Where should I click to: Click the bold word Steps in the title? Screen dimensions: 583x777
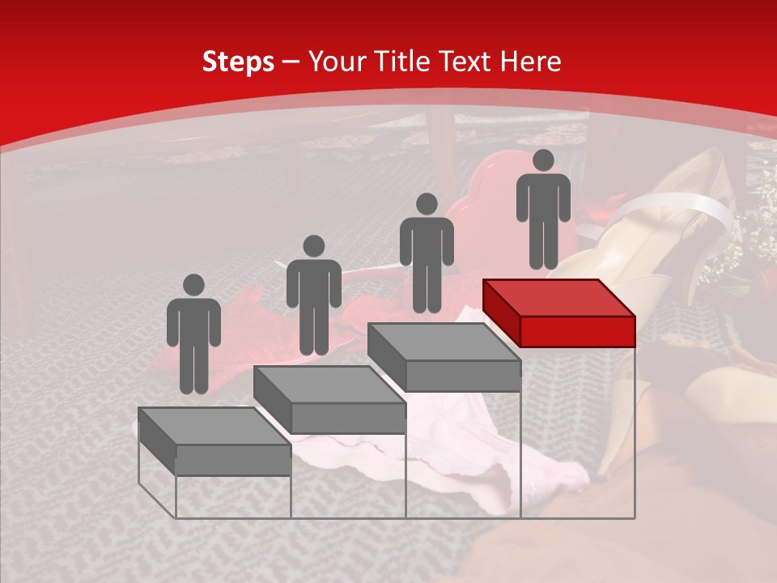[x=238, y=62]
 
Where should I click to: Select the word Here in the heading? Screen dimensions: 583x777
[x=530, y=62]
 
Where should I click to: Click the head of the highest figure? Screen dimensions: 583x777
[x=543, y=160]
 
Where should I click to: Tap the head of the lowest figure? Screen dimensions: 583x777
[x=193, y=285]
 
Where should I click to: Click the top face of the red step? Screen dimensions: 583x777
[x=558, y=298]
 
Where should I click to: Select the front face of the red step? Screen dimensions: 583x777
[x=577, y=331]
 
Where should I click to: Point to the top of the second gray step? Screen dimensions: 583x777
[x=329, y=385]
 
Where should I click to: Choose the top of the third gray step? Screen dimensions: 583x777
[x=444, y=343]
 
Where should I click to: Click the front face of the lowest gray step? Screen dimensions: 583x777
[x=233, y=460]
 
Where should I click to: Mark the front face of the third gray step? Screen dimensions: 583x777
[x=463, y=376]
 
